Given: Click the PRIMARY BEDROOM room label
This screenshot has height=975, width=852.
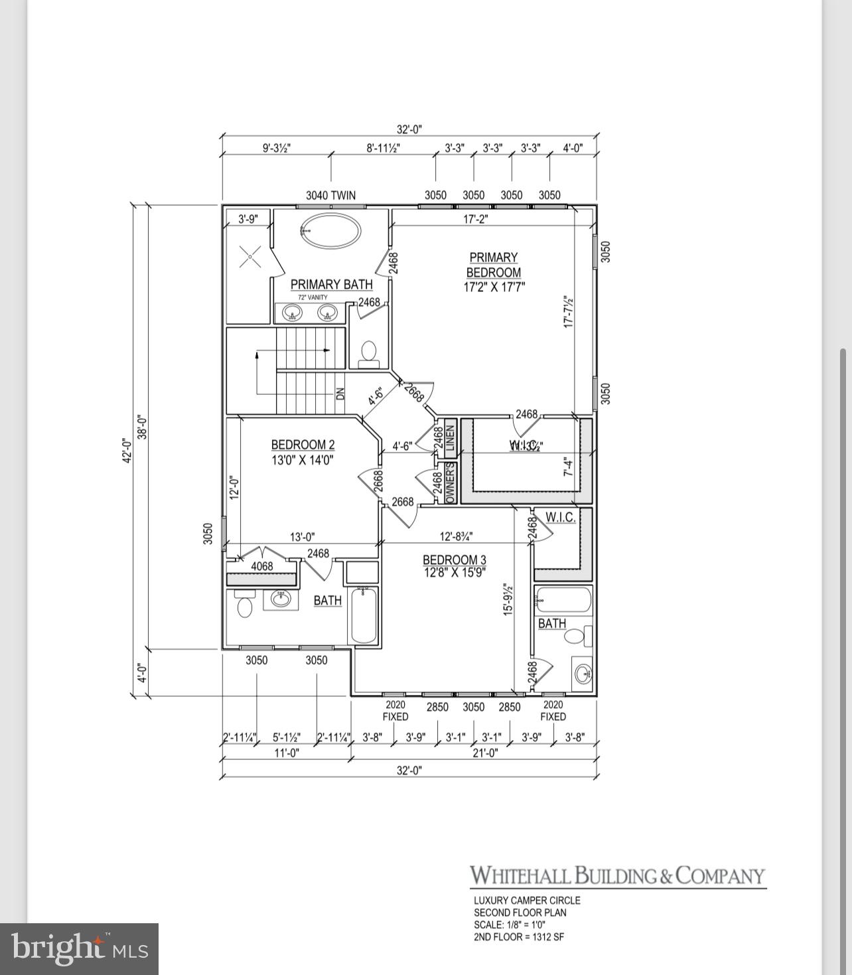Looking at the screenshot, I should point(493,265).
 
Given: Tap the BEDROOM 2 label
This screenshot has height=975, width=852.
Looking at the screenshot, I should point(303,452).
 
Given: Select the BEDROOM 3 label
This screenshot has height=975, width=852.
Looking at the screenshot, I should point(455,565).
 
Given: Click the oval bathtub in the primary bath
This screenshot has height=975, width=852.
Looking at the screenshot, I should point(330,230).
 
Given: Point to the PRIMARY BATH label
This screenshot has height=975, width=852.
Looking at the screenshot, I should point(331,284).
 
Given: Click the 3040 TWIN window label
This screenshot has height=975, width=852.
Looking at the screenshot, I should point(330,195).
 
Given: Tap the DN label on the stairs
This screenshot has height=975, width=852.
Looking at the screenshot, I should point(341,392).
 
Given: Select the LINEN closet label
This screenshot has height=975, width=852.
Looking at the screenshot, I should point(450,439).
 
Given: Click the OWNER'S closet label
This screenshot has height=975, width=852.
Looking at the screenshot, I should point(450,483).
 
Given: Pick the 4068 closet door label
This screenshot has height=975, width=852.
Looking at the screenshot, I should point(261,566).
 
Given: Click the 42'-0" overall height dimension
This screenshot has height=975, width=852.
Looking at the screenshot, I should point(127,451).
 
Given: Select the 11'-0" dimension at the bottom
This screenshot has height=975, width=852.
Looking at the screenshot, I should point(287,753).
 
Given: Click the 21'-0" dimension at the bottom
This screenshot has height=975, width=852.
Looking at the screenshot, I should point(485,753).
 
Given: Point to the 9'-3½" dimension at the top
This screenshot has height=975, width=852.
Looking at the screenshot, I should point(276,148).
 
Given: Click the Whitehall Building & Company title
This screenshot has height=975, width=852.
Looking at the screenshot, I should point(618,876).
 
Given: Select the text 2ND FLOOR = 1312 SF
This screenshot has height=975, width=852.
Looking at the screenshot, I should point(518,937).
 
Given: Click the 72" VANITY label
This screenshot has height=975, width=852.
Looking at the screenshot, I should point(313,297).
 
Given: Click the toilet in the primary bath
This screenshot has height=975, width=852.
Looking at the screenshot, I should point(368,352).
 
